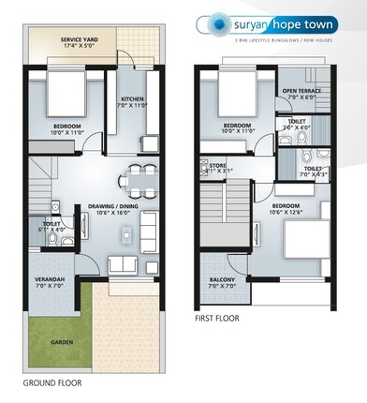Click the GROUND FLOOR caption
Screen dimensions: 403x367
pos(53,382)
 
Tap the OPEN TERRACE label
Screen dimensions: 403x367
pos(301,91)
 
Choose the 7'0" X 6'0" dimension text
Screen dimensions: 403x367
pos(301,98)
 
